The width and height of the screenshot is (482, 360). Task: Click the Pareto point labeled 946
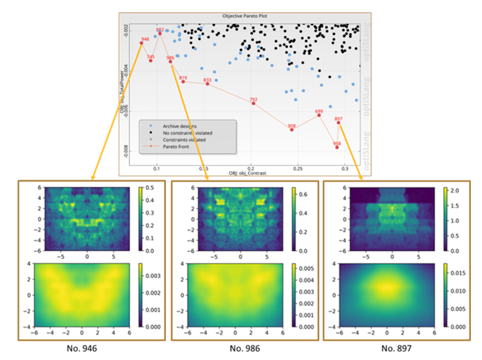141,43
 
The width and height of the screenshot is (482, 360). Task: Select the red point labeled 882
160,33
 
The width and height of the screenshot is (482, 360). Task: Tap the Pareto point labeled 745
151,60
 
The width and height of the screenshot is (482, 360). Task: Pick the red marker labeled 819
183,82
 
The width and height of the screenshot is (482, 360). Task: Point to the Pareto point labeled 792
253,103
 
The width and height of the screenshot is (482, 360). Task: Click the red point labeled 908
292,129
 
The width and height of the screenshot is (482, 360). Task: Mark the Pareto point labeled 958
337,147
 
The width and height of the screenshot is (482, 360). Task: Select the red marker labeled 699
319,115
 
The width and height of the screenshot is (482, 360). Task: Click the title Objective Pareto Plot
245,16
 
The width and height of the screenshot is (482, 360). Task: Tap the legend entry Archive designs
179,126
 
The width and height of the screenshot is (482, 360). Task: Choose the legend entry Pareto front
176,146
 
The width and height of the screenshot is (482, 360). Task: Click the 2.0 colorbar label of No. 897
455,191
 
